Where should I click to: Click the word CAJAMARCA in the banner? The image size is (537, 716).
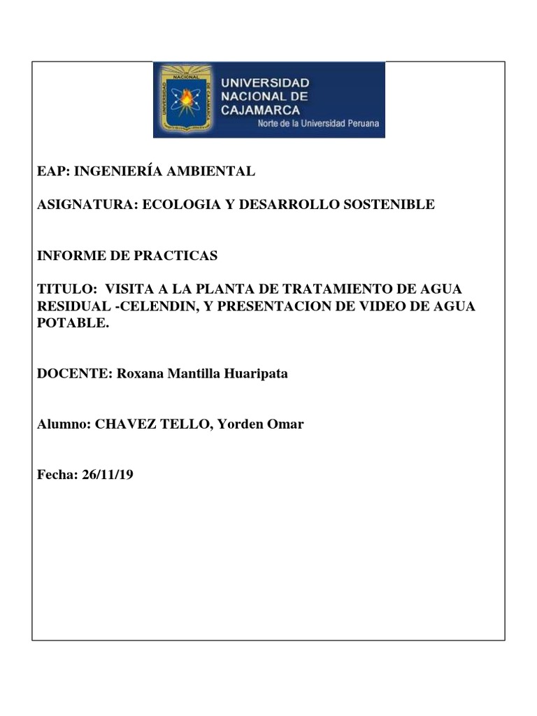click(261, 110)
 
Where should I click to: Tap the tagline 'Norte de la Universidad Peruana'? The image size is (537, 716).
click(319, 124)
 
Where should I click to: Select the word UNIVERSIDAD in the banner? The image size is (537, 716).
click(265, 83)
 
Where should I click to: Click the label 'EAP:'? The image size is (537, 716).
click(53, 171)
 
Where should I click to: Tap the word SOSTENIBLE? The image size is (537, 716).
click(388, 204)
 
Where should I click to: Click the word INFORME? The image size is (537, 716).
click(71, 256)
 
